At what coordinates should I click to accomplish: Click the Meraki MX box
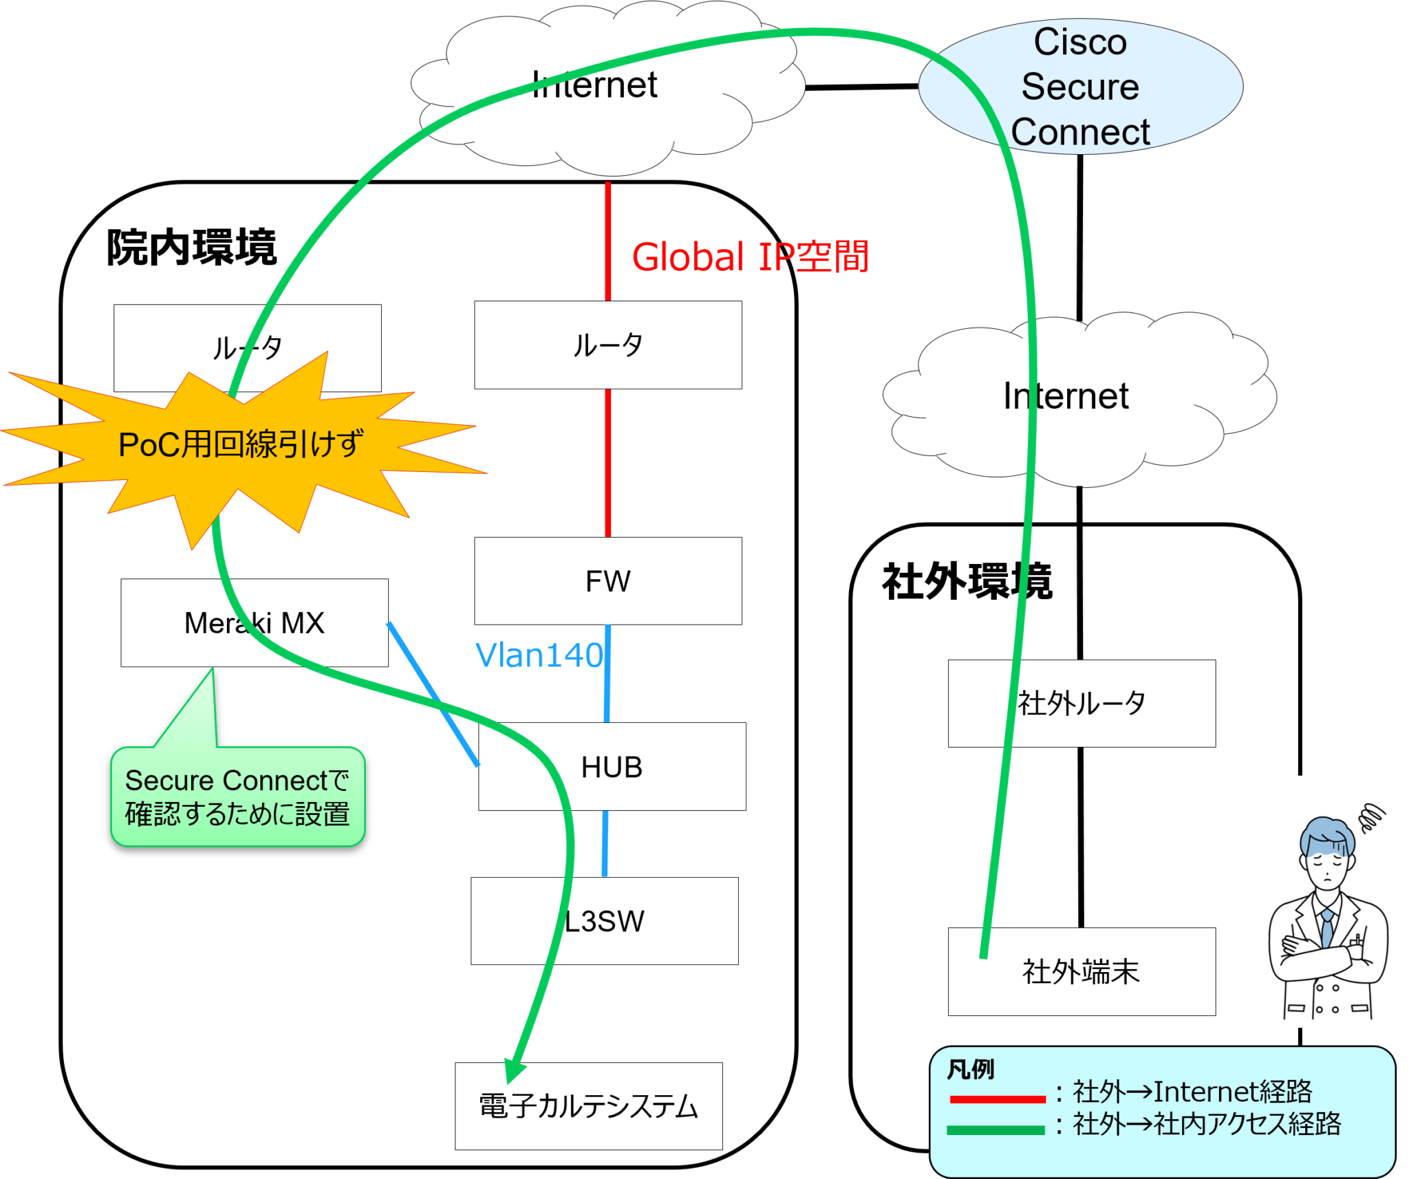point(255,623)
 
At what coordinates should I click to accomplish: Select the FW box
point(607,581)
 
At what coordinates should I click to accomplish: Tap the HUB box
point(612,767)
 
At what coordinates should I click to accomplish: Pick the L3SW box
point(604,921)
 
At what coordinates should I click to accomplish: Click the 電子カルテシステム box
point(588,1106)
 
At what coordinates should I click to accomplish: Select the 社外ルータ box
point(1082,704)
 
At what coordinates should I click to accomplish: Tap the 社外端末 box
point(1082,972)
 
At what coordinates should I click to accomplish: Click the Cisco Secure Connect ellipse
point(1080,86)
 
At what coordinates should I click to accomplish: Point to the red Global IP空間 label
point(750,257)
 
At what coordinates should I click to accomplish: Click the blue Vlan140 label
point(539,655)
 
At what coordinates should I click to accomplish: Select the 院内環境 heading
point(191,248)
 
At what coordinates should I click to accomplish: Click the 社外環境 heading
point(967,581)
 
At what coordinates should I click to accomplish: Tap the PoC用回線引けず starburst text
point(241,444)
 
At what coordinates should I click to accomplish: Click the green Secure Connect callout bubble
point(237,797)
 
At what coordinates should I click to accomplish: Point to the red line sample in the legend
point(997,1099)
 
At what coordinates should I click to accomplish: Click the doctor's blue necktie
point(1326,928)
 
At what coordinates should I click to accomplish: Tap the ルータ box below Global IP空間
point(607,345)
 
